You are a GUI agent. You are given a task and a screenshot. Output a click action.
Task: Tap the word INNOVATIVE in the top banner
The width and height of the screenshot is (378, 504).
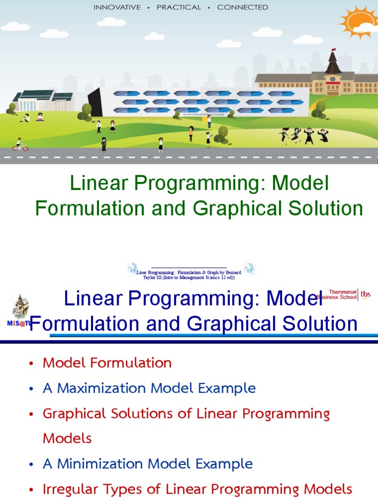click(117, 7)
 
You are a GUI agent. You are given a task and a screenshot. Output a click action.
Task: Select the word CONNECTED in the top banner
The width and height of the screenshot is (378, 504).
click(243, 7)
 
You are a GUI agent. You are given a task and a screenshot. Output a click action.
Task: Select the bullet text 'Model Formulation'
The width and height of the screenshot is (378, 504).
click(107, 363)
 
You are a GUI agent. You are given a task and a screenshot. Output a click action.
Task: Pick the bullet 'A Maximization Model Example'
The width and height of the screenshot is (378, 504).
click(149, 388)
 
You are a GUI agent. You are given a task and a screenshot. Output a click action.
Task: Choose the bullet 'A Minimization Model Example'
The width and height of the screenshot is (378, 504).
click(148, 464)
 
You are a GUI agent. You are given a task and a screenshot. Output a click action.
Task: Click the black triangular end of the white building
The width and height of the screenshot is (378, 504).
click(95, 102)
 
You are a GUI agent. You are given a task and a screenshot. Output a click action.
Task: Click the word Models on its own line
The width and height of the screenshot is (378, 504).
click(67, 438)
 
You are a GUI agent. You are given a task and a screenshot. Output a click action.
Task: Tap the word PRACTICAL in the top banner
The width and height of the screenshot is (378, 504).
click(179, 7)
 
